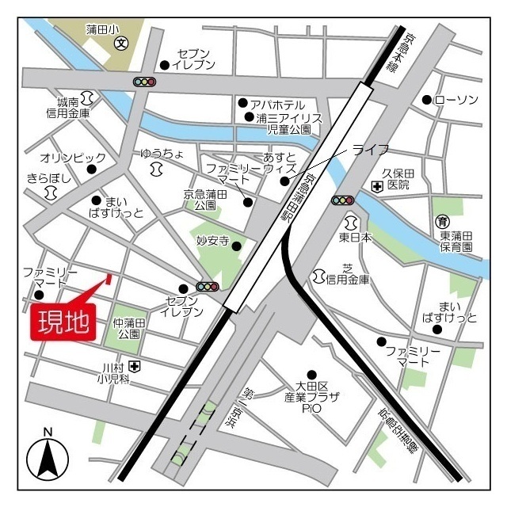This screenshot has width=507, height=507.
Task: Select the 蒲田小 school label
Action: tap(101, 29)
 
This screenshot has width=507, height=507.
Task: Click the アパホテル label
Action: tap(276, 104)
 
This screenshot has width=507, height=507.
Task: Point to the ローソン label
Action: tap(456, 99)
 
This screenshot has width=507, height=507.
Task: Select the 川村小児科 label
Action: tap(115, 373)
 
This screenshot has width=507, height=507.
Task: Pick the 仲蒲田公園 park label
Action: tap(128, 329)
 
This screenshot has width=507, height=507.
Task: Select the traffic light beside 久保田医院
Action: tap(343, 200)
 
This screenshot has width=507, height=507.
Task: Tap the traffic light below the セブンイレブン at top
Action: tap(145, 82)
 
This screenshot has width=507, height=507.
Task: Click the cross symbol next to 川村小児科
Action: tap(136, 366)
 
